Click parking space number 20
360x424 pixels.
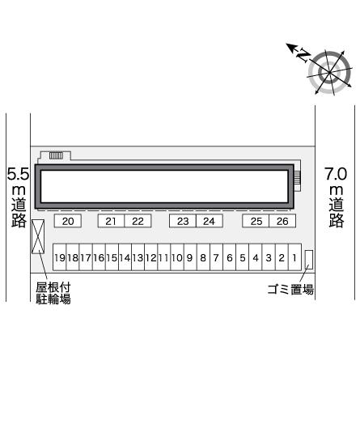coord(68,221)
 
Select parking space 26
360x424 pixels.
coord(282,221)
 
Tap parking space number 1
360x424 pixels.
coord(294,257)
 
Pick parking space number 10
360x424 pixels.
coord(177,257)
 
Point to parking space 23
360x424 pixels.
coord(183,221)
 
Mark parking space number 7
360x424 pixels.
coord(216,257)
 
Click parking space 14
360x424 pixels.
coord(125,257)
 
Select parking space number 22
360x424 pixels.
coord(138,221)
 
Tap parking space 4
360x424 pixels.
coord(256,257)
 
